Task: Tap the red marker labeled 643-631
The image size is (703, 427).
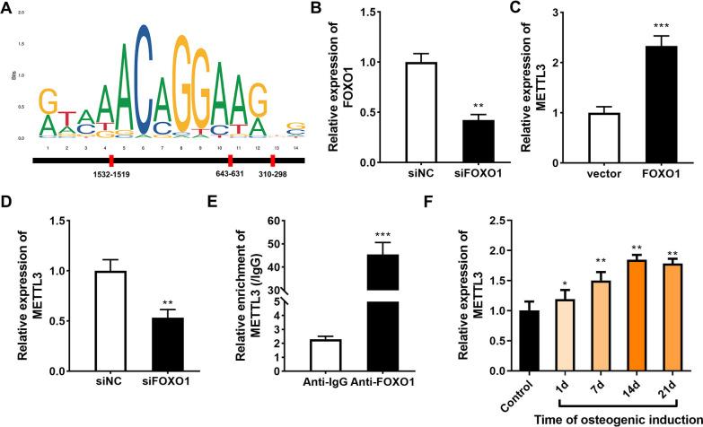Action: pyautogui.click(x=231, y=161)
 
